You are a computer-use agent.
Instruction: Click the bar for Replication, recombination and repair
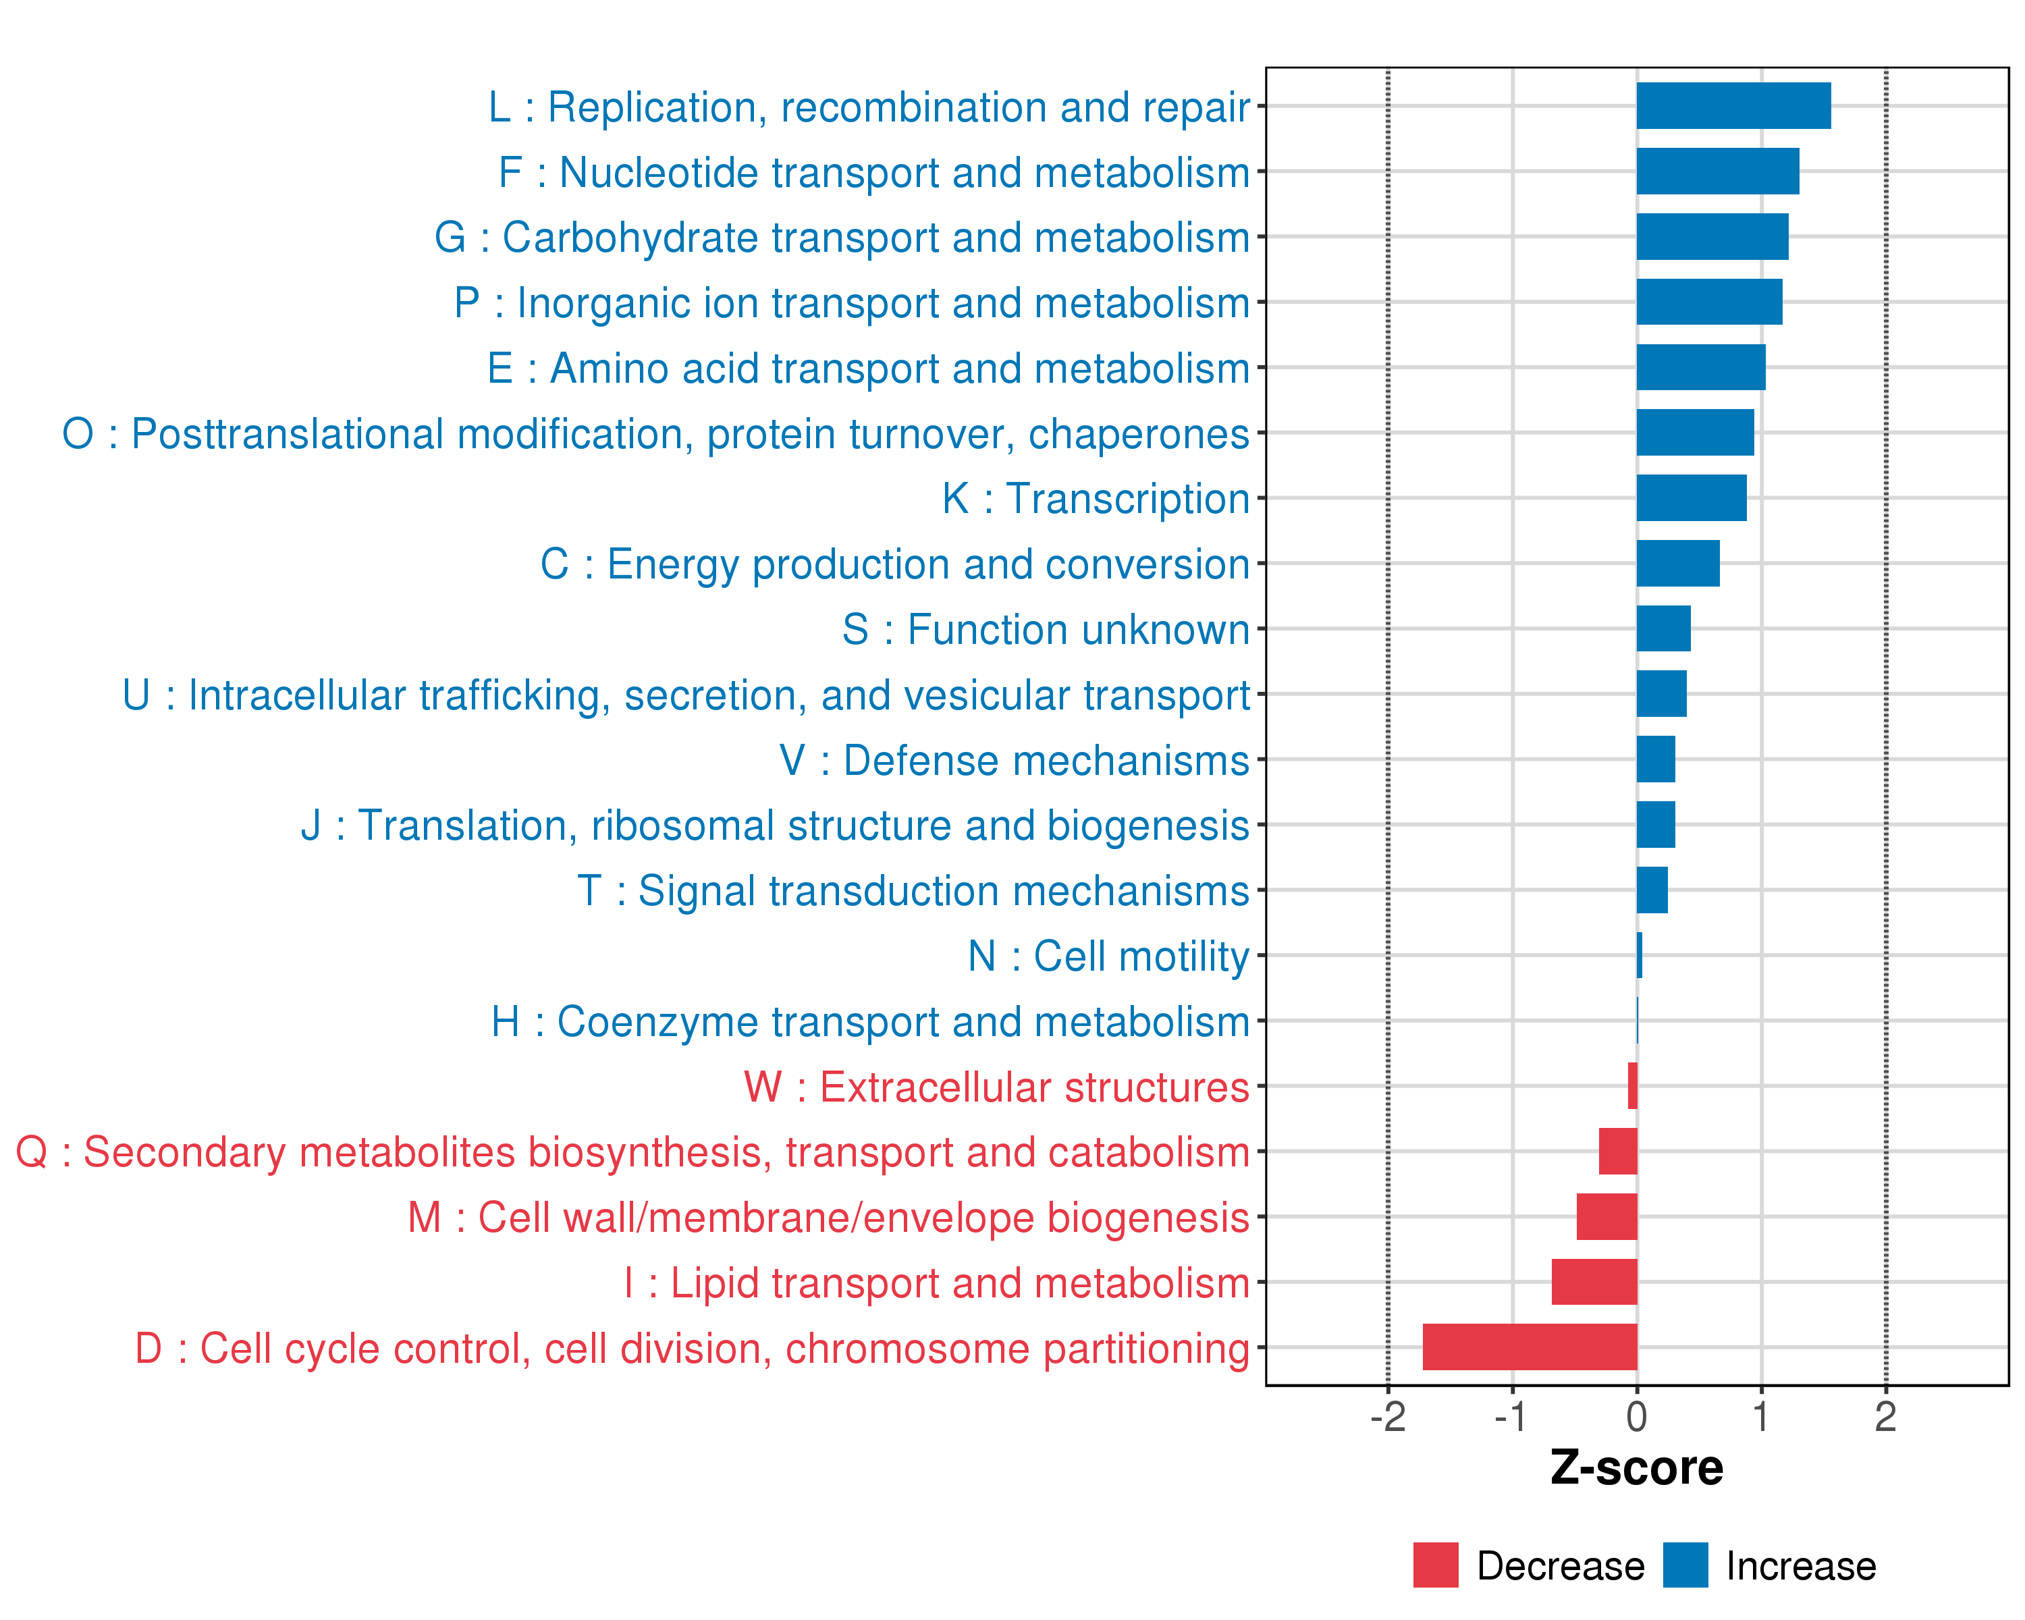(x=1733, y=106)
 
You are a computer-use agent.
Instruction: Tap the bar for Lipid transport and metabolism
(x=1594, y=1282)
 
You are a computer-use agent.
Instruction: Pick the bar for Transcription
(x=1691, y=497)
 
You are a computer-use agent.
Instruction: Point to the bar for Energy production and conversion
(x=1677, y=564)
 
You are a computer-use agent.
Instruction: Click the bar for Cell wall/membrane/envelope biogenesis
(x=1606, y=1216)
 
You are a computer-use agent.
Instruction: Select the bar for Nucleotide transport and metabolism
(x=1717, y=171)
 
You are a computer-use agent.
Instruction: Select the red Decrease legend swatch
(x=1435, y=1565)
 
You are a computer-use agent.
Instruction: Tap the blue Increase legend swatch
(x=1685, y=1565)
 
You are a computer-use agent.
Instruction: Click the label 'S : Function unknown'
(x=1046, y=629)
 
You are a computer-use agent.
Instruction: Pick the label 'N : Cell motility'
(x=1108, y=956)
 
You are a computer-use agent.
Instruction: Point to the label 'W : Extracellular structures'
(x=996, y=1087)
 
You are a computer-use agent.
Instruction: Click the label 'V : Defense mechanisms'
(x=1015, y=760)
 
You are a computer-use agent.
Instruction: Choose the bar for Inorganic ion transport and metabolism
(x=1708, y=302)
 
